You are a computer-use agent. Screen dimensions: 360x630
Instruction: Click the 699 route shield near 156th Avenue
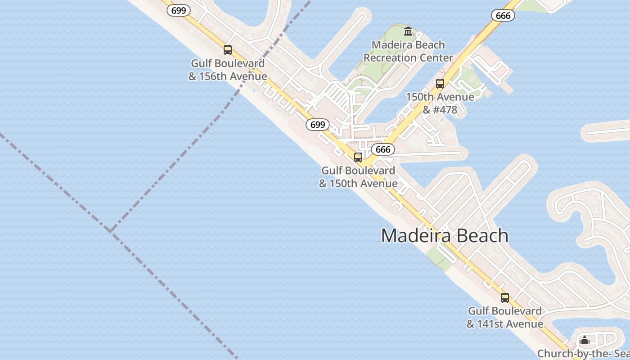tap(179, 10)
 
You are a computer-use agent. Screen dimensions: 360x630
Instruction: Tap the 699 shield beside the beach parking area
tap(318, 125)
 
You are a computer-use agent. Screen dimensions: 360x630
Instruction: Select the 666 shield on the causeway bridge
tap(503, 15)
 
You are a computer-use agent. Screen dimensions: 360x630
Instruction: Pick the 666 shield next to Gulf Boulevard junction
tap(383, 149)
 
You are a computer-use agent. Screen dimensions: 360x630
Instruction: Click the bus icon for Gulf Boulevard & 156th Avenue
tap(228, 50)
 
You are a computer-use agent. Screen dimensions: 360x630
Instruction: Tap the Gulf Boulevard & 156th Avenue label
tap(228, 70)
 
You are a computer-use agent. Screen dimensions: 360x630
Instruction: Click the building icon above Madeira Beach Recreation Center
tap(408, 31)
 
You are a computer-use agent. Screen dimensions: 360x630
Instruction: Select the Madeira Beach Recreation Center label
tap(408, 51)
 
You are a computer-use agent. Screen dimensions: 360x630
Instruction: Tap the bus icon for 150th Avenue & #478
tap(440, 84)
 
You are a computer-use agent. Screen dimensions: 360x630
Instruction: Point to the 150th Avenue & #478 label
tap(440, 103)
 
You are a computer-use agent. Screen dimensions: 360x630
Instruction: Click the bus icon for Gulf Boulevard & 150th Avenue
tap(358, 157)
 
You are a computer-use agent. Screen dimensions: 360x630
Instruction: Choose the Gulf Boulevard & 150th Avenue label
tap(358, 177)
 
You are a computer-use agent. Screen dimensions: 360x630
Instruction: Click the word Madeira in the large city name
tap(414, 236)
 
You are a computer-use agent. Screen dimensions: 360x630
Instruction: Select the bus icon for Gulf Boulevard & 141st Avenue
tap(505, 298)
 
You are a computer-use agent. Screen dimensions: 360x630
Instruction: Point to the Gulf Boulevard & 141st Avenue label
tap(505, 317)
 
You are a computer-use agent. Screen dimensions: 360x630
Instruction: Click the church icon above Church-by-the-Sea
tap(585, 340)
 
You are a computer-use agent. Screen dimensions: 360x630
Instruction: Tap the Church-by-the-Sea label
tap(583, 354)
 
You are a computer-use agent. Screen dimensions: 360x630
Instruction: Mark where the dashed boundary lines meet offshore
tap(111, 230)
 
